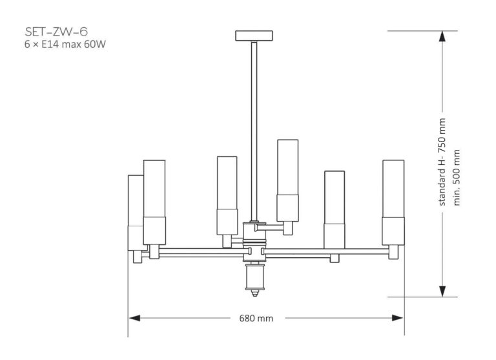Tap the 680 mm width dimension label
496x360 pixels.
(x=256, y=318)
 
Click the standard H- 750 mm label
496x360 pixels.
(x=443, y=162)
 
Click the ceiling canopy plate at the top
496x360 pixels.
(x=256, y=35)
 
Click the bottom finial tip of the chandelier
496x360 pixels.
(x=255, y=294)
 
